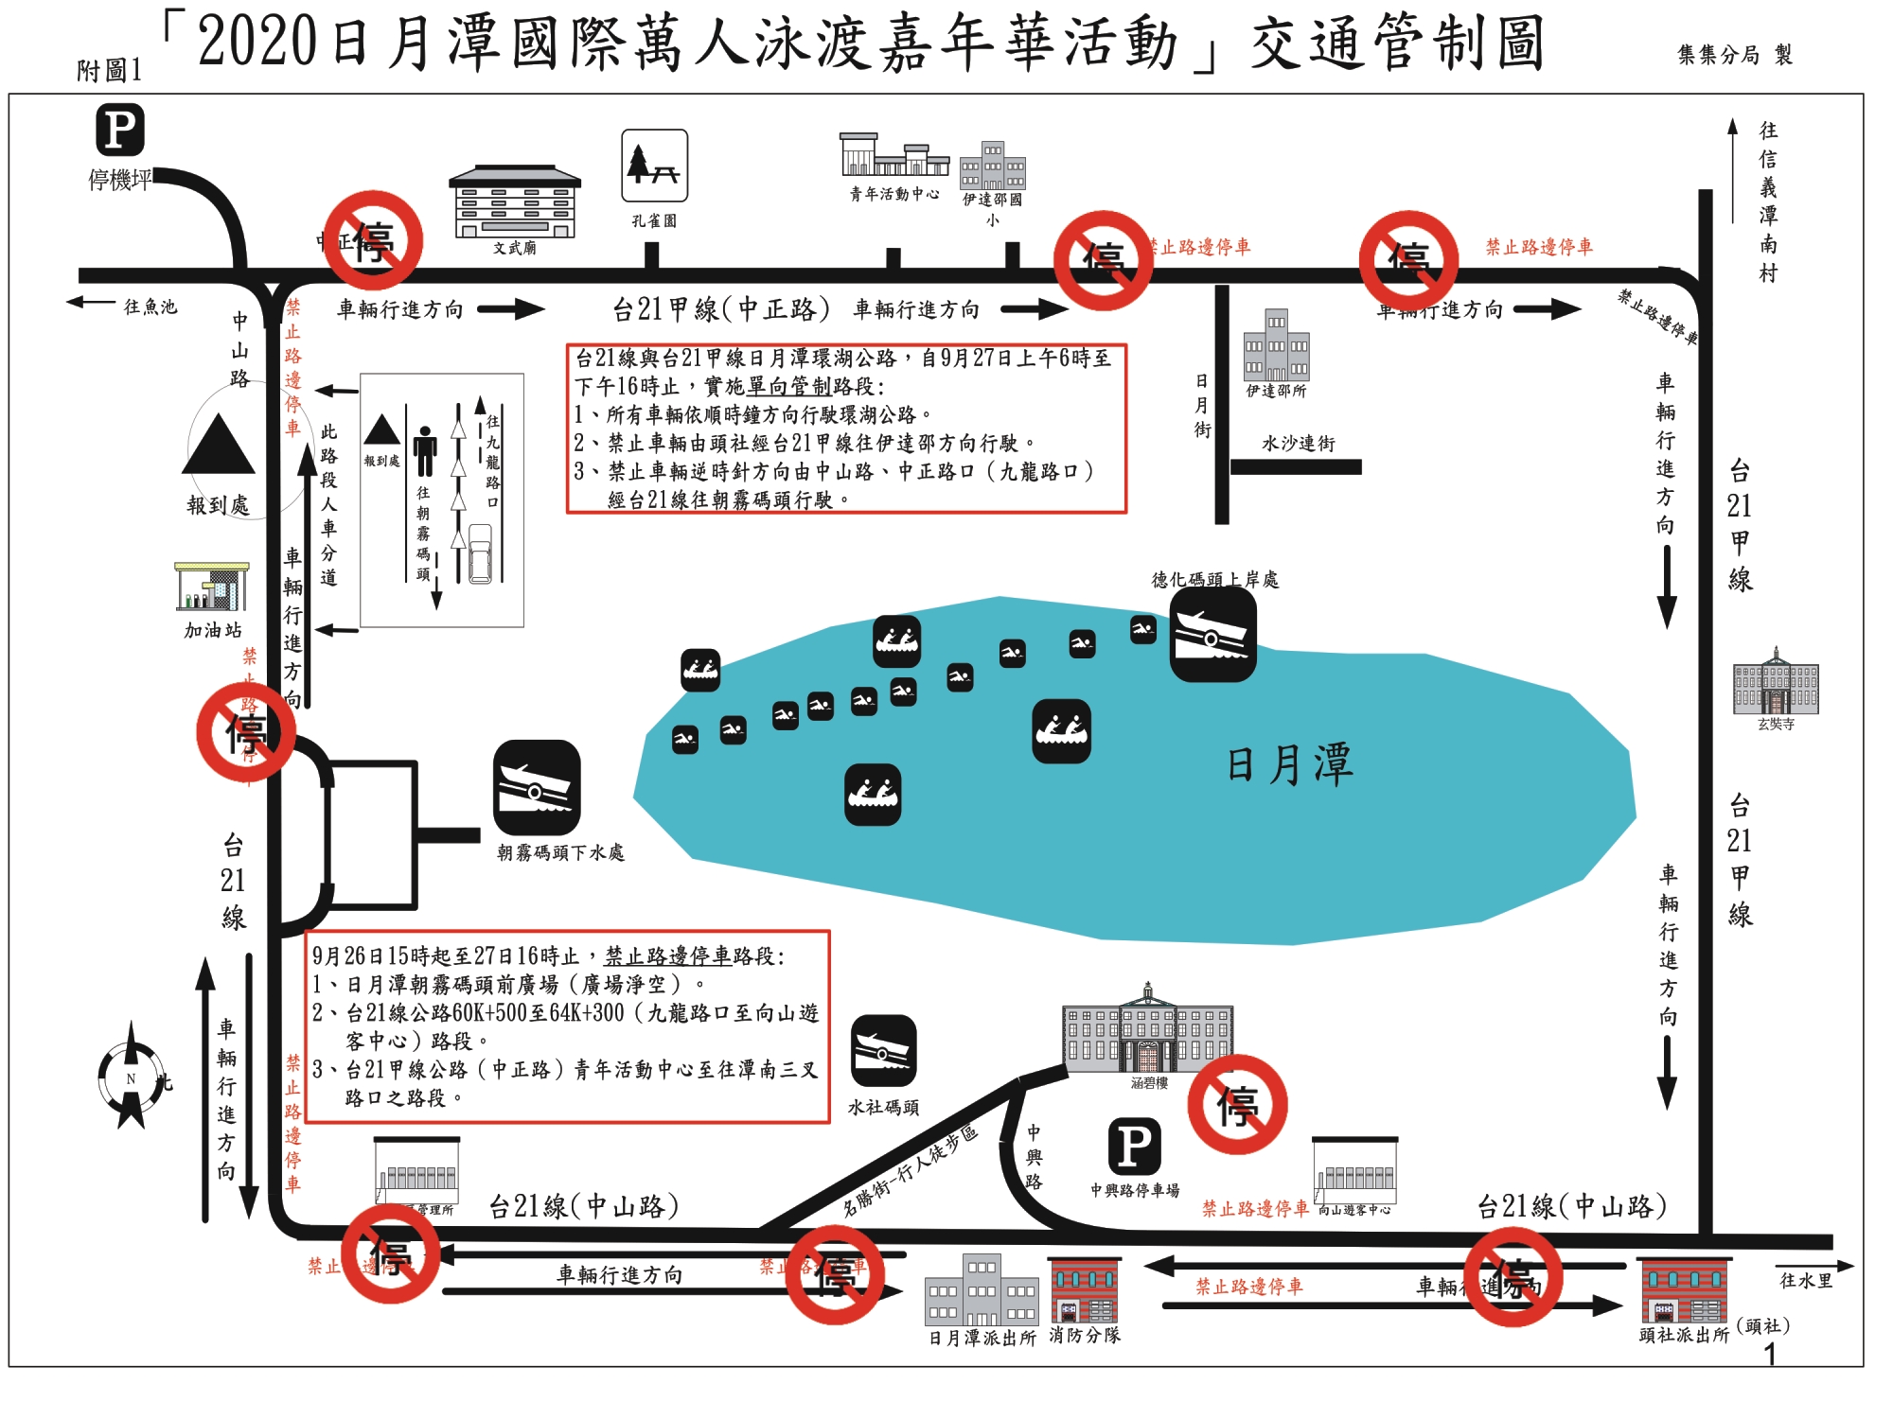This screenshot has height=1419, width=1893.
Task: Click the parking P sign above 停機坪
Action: coord(120,131)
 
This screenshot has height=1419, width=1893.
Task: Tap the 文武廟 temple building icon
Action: coord(514,202)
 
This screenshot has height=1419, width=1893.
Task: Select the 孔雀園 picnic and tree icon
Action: coord(654,166)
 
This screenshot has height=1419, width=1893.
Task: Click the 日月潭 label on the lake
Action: coord(1289,764)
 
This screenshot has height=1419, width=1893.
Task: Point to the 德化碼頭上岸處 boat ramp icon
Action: coord(1212,636)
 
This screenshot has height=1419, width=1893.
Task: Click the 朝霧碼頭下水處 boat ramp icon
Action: coord(537,788)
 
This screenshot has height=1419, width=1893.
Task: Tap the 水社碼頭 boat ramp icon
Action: coord(883,1051)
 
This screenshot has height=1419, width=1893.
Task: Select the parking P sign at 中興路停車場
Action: coord(1134,1146)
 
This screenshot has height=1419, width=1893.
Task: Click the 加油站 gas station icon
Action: coord(212,587)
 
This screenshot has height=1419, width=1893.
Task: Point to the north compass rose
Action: coord(132,1077)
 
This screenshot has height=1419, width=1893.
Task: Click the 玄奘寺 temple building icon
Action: coord(1776,682)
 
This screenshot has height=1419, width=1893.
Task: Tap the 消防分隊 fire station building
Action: coord(1085,1290)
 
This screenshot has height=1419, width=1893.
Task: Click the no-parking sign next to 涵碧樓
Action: coord(1237,1105)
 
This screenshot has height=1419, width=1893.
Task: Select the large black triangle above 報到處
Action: coord(219,445)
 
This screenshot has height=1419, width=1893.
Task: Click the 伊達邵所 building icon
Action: coord(1276,345)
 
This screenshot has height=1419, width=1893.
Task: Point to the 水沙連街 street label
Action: coord(1298,444)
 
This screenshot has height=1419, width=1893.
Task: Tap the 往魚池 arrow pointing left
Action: coord(91,303)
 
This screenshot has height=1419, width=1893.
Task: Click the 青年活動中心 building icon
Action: coord(894,156)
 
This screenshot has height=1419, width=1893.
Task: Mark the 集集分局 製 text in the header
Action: coord(1734,55)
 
